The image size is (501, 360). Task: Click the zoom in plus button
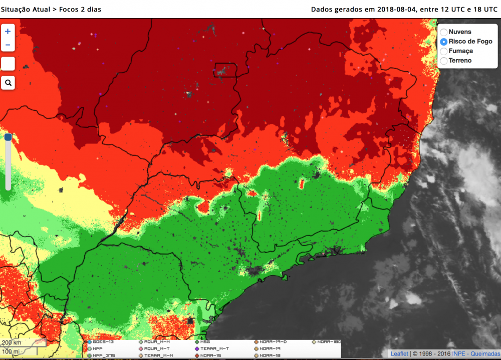[x=8, y=31]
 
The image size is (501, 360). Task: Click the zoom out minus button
[x=8, y=45]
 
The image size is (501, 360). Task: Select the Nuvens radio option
[x=444, y=32]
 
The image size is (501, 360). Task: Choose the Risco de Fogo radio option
[x=444, y=42]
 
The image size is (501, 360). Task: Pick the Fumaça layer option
[x=444, y=51]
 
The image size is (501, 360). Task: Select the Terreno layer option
[x=444, y=61]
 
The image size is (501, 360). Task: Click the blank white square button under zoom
[x=8, y=64]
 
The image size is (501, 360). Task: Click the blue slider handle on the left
[x=8, y=137]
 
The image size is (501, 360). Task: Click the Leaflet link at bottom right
[x=399, y=354]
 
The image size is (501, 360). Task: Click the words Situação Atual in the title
[x=23, y=9]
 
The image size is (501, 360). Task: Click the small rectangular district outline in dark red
[x=225, y=70]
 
